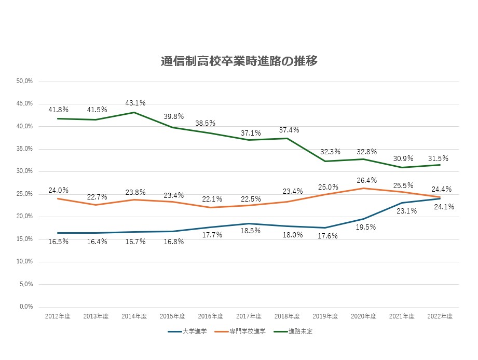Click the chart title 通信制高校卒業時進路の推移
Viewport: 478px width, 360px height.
click(239, 61)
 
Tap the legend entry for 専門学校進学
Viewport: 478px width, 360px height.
click(247, 331)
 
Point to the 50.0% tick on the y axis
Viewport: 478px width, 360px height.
click(25, 82)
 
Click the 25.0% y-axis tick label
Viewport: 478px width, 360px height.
click(25, 194)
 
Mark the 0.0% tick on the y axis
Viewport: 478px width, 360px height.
click(26, 306)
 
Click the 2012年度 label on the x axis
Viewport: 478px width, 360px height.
click(58, 316)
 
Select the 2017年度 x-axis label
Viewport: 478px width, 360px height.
click(249, 316)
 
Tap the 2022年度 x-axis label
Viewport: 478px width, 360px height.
click(440, 316)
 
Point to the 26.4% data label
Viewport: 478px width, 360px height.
click(363, 180)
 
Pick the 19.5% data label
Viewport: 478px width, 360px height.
click(363, 227)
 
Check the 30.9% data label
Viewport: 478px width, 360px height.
click(402, 158)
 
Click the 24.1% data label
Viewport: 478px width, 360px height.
click(444, 207)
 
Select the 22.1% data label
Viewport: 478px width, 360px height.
click(211, 199)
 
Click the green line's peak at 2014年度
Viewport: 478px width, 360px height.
click(134, 112)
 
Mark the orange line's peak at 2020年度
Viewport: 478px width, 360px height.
click(363, 188)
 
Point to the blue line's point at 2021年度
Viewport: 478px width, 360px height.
click(402, 203)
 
